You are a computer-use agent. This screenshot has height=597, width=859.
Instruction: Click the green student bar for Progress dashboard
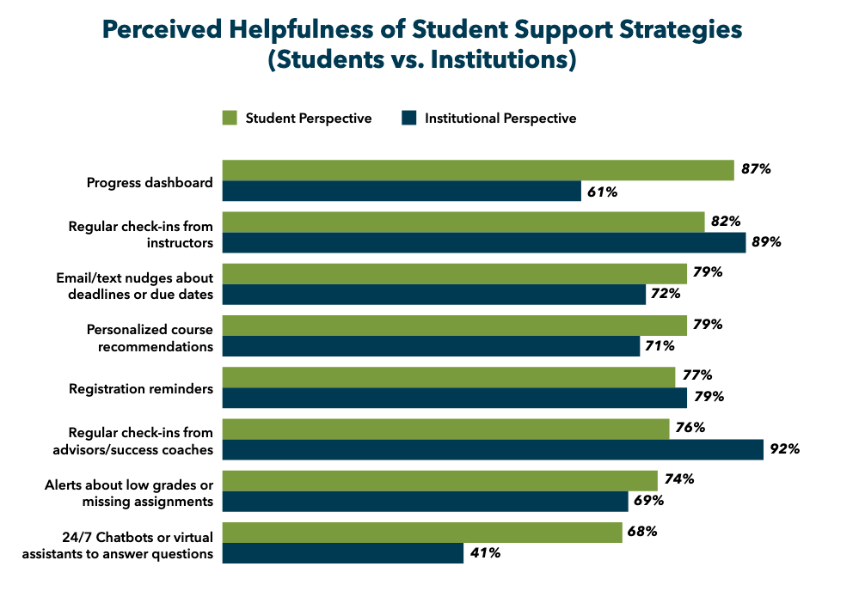(478, 170)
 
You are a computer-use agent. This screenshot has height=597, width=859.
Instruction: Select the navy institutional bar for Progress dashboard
(402, 191)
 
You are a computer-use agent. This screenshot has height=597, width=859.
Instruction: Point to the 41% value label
(485, 553)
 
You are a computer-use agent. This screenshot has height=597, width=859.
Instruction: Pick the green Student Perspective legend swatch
(230, 119)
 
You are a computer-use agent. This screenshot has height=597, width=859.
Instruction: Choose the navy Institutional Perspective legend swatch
(409, 119)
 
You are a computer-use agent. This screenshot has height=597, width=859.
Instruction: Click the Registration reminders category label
(141, 388)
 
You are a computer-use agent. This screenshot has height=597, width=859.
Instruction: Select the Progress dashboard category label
(150, 182)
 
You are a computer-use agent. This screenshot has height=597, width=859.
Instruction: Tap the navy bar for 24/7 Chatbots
(343, 553)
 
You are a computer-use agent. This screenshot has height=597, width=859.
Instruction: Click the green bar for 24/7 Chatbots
(422, 533)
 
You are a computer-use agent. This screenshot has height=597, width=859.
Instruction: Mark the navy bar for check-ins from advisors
(493, 449)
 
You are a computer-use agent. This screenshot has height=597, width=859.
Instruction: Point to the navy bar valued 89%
(484, 242)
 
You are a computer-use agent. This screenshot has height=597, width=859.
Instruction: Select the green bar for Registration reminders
(449, 377)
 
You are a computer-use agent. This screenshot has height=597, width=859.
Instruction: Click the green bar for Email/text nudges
(455, 274)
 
